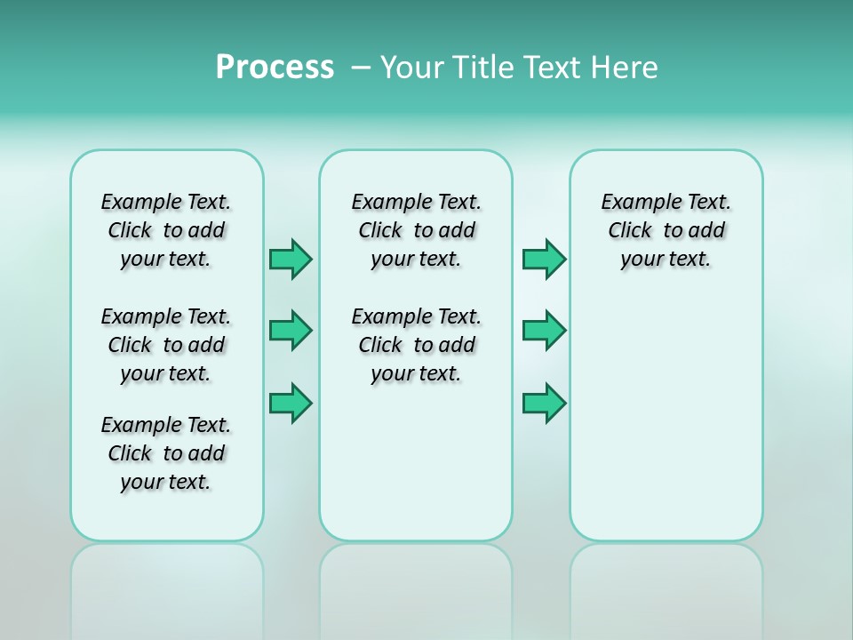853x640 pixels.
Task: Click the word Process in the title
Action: (x=275, y=68)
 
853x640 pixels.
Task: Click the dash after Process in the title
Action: (x=361, y=68)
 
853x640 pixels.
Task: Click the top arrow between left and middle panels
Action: (x=291, y=260)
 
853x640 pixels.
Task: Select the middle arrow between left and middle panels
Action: (x=291, y=331)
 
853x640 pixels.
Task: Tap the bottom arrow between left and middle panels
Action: (x=291, y=404)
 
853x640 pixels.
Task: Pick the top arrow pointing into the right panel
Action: (x=544, y=260)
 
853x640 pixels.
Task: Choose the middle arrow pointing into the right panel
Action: (x=544, y=331)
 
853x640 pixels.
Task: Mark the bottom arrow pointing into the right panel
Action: (x=544, y=404)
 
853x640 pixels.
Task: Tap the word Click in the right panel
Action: (x=630, y=231)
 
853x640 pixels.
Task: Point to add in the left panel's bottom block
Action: (x=206, y=453)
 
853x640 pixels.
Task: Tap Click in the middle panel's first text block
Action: (x=380, y=231)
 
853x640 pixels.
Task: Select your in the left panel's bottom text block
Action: (x=140, y=483)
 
